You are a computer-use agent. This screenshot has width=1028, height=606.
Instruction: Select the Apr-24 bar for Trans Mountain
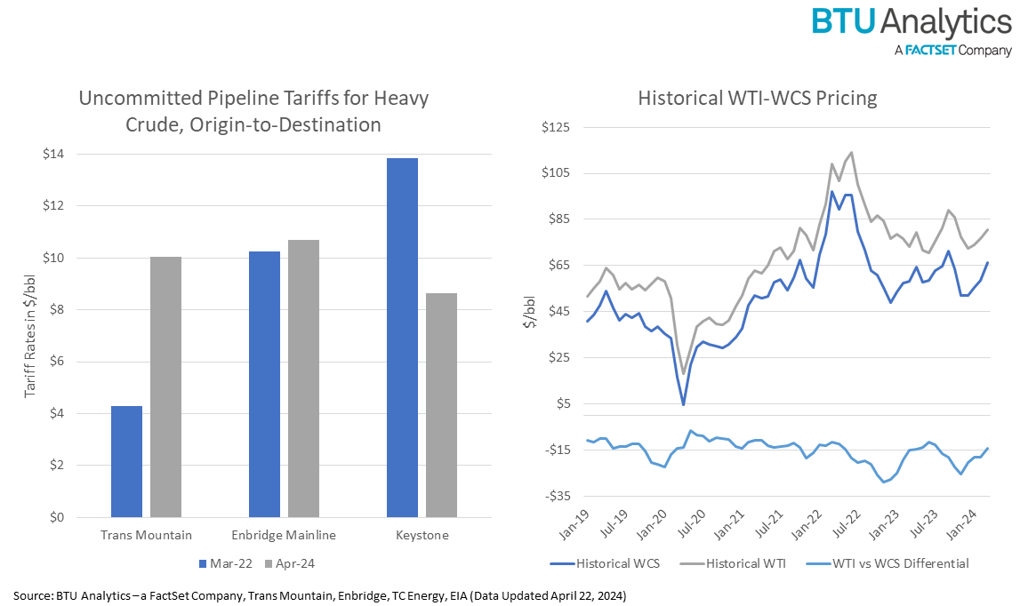pyautogui.click(x=165, y=387)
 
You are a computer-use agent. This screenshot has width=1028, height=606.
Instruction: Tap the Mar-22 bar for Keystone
pyautogui.click(x=402, y=337)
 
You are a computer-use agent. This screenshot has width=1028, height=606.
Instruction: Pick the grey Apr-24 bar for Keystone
pyautogui.click(x=441, y=404)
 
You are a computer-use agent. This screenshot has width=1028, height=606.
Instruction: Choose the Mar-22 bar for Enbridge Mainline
pyautogui.click(x=264, y=384)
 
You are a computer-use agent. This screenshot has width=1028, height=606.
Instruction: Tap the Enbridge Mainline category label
pyautogui.click(x=284, y=535)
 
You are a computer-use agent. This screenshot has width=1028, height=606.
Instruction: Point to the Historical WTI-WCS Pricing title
pyautogui.click(x=757, y=98)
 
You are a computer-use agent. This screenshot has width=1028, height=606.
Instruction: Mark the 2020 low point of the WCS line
pyautogui.click(x=683, y=404)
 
